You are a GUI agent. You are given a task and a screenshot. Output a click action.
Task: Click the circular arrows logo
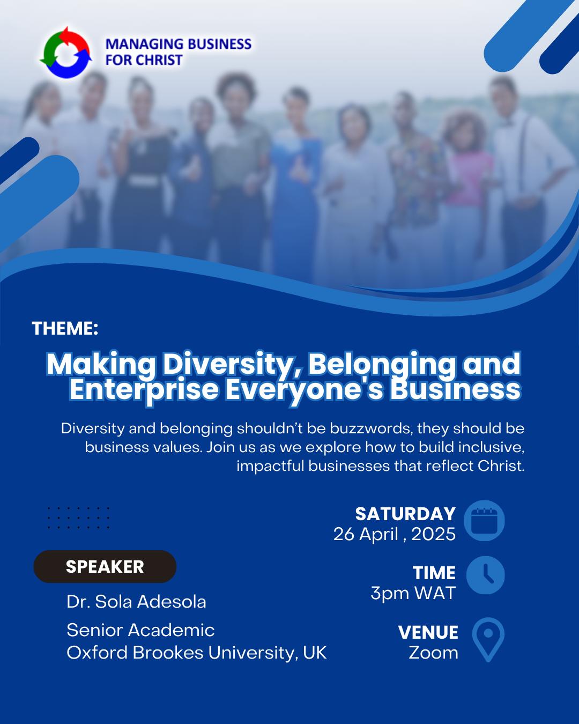(x=66, y=53)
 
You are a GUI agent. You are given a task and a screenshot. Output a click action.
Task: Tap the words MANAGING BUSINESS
(x=179, y=44)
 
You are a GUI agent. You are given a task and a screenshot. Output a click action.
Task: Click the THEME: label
(x=65, y=328)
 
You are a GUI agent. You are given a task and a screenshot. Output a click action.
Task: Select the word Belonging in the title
(x=382, y=365)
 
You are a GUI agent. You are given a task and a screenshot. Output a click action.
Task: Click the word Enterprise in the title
(x=144, y=390)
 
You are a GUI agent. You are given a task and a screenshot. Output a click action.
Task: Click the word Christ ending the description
(x=501, y=466)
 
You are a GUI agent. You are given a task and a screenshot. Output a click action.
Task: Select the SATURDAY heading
(x=405, y=514)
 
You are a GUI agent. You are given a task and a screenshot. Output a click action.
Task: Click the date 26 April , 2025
(x=394, y=534)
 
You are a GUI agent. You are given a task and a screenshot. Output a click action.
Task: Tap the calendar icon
(x=484, y=520)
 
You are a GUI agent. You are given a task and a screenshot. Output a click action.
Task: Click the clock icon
(x=485, y=575)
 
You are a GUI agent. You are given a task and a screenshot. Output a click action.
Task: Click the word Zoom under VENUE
(x=433, y=653)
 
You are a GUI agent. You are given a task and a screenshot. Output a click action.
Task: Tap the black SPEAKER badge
(x=105, y=566)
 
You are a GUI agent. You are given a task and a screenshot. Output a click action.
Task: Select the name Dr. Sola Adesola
(x=136, y=602)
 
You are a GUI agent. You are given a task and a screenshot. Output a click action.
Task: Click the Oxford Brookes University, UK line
(x=196, y=653)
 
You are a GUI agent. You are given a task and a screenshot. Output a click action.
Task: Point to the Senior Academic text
(x=140, y=630)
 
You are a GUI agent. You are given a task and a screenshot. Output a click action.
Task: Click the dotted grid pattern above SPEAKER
(x=78, y=518)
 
